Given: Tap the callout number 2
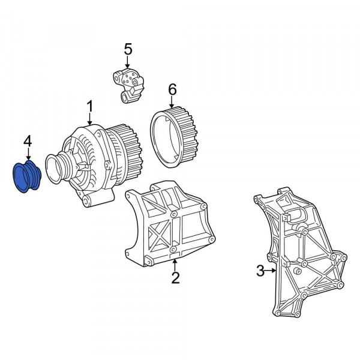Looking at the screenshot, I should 175,277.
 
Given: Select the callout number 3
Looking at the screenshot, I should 260,271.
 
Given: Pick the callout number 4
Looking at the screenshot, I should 27,142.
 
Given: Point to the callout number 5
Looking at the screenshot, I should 127,47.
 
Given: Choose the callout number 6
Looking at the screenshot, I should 172,89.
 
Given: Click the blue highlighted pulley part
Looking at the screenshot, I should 26,178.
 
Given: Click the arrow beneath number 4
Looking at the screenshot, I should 27,155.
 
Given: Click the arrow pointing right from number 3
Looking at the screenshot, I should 272,271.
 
